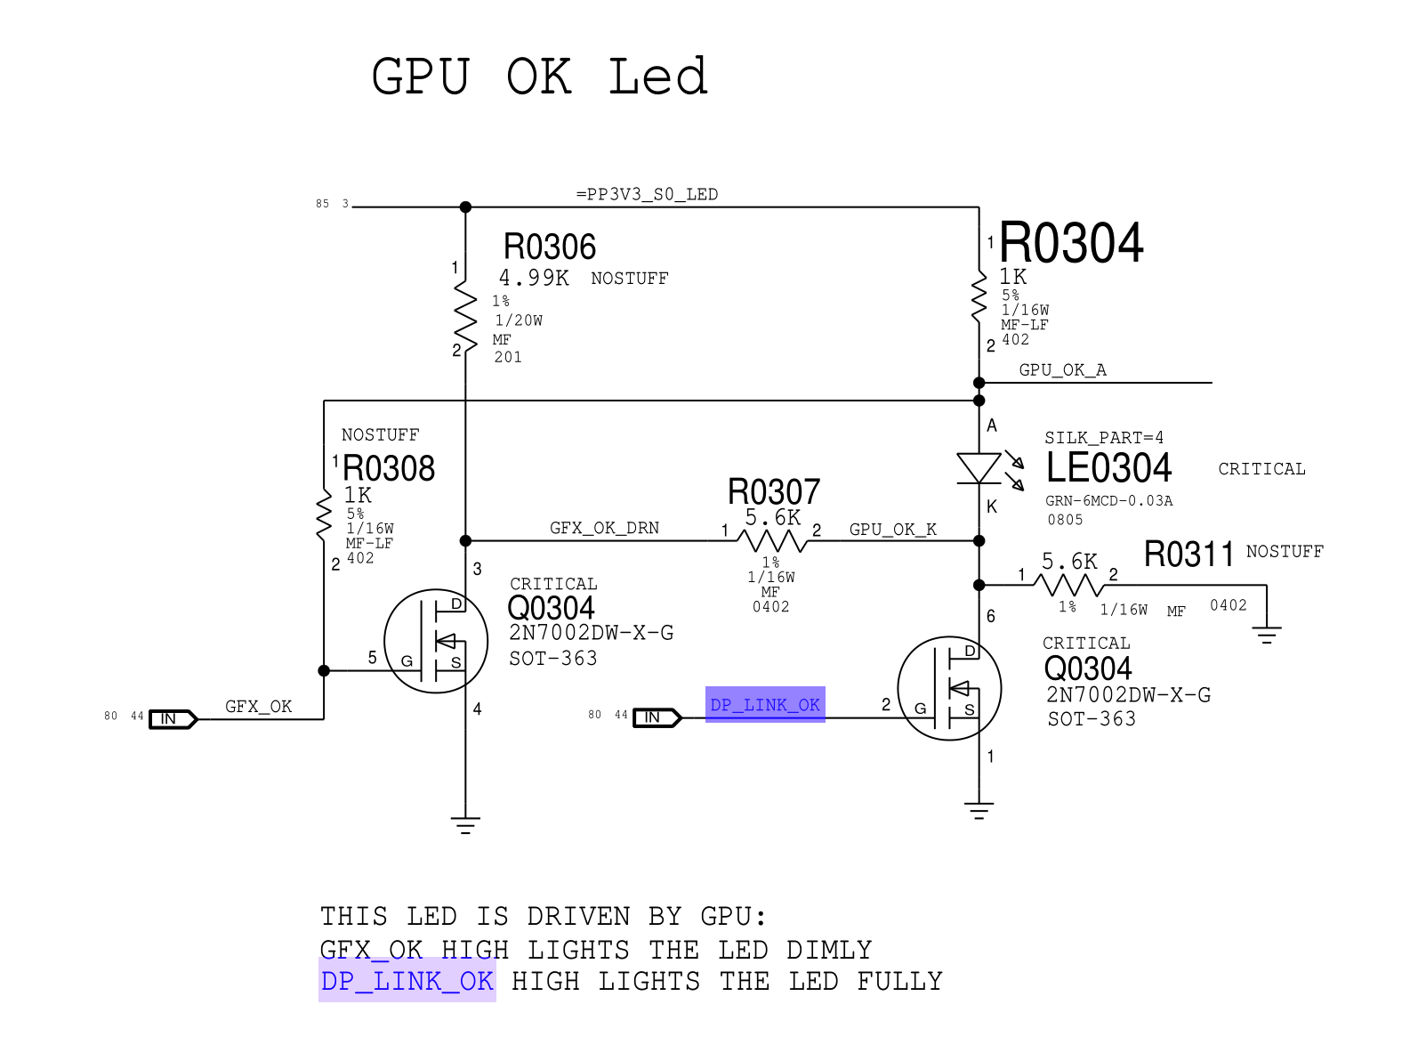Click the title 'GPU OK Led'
[539, 77]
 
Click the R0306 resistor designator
[550, 247]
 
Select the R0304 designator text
[1071, 243]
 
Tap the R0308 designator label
[389, 468]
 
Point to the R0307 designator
[774, 491]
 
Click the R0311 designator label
[1188, 554]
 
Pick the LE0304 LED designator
[1108, 468]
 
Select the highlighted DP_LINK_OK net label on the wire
[765, 705]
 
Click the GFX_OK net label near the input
[258, 707]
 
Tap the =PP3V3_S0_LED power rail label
[647, 194]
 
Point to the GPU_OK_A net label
[1062, 370]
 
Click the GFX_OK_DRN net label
[604, 528]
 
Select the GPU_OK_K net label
[892, 530]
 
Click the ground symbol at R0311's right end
[1266, 634]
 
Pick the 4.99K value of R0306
[534, 278]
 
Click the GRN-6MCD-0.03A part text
[1108, 501]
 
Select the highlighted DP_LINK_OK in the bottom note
[407, 981]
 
